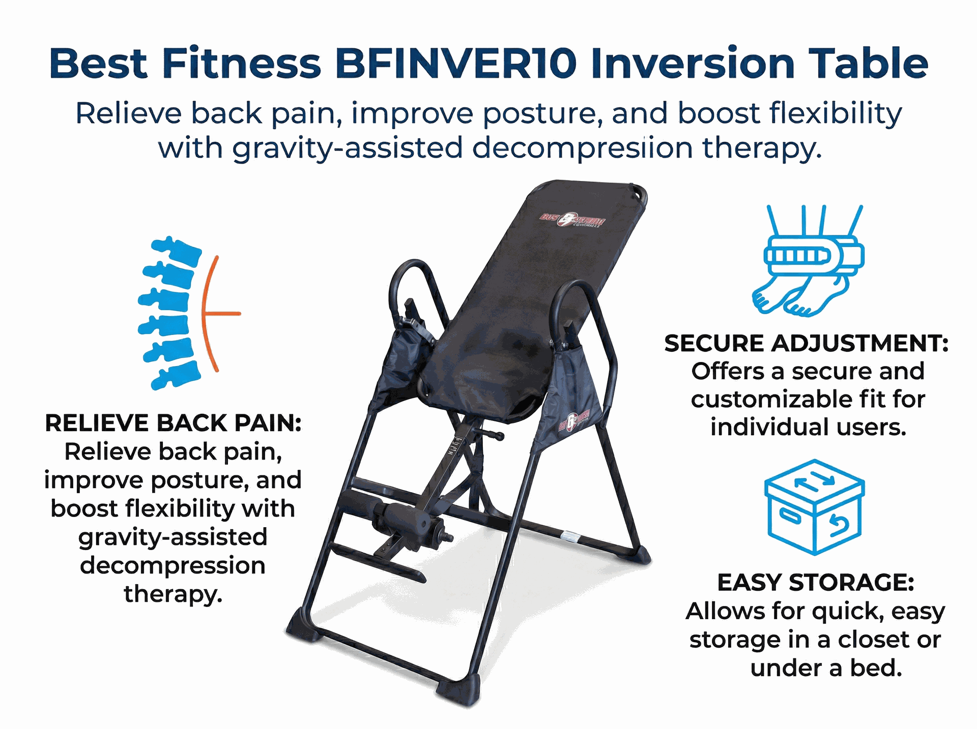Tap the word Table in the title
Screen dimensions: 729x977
click(869, 64)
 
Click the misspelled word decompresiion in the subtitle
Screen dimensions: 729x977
click(582, 148)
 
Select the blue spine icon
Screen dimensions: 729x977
click(170, 313)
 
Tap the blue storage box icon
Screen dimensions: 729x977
click(814, 507)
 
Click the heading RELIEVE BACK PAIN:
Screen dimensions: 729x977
click(173, 423)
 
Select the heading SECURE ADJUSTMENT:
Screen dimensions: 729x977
click(807, 344)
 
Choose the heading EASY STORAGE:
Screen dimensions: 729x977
click(815, 583)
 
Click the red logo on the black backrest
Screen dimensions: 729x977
click(572, 221)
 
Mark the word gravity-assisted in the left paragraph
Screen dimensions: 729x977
click(173, 537)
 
